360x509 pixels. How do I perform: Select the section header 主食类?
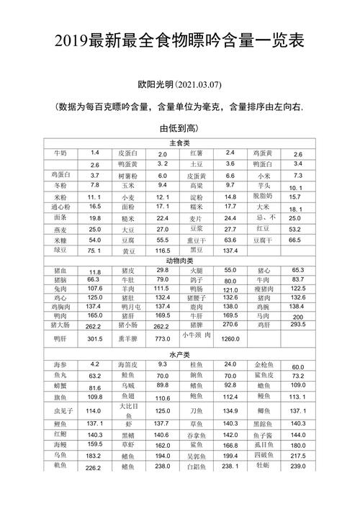point(179,143)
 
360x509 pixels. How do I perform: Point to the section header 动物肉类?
point(179,260)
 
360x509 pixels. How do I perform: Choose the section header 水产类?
point(179,355)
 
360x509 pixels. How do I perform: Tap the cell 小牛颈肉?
point(196,335)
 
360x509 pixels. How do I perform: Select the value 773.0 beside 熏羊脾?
point(163,338)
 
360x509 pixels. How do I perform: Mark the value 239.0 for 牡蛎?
point(297,467)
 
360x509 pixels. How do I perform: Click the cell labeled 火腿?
point(195,270)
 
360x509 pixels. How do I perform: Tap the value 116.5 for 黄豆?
point(163,251)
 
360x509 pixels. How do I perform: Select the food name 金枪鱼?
point(263,366)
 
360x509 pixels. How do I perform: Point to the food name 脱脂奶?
point(263,196)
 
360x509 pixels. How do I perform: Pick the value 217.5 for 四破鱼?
point(297,456)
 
